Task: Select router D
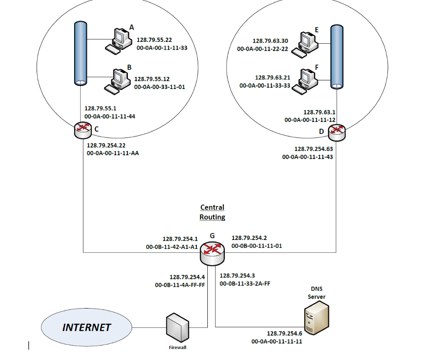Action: [337, 131]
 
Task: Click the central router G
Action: [213, 253]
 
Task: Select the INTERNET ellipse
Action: [86, 327]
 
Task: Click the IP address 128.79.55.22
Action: [154, 40]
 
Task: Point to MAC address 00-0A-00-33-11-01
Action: [159, 87]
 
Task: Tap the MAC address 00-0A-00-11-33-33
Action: [265, 86]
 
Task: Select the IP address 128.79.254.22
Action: [107, 145]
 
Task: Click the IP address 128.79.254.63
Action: [313, 149]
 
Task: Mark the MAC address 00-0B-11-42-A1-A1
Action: [172, 247]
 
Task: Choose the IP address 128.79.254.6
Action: [284, 333]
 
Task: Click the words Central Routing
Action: [212, 212]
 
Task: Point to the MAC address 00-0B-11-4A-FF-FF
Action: [180, 285]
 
